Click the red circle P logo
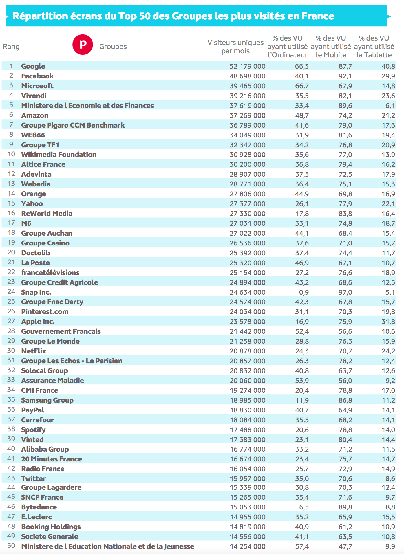(83, 45)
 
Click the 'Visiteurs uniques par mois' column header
(235, 47)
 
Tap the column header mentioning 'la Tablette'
(374, 47)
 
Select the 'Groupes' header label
(113, 47)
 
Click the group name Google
(33, 66)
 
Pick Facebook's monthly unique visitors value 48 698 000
(247, 76)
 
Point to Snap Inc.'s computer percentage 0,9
(304, 292)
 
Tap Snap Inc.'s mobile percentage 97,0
(345, 292)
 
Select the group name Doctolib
(35, 253)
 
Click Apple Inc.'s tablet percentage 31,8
(388, 322)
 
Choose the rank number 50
(11, 546)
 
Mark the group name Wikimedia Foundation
(59, 155)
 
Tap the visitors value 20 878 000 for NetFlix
(247, 351)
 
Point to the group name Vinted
(32, 439)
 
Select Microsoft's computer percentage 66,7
(302, 86)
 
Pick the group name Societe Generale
(50, 537)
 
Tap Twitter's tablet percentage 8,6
(390, 479)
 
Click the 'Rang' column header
(11, 47)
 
